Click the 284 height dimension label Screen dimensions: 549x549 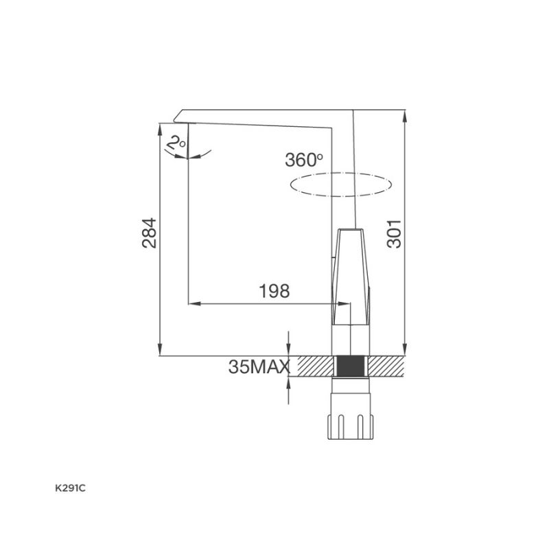pos(149,233)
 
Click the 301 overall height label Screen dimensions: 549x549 pos(394,234)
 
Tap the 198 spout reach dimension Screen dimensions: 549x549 pos(274,291)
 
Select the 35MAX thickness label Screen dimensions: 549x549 pos(259,366)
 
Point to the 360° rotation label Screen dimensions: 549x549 pos(303,160)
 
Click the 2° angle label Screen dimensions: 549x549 pos(176,143)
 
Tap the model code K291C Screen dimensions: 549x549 pos(70,489)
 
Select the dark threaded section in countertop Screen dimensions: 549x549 pos(351,366)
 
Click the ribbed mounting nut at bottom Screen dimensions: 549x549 pos(351,426)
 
